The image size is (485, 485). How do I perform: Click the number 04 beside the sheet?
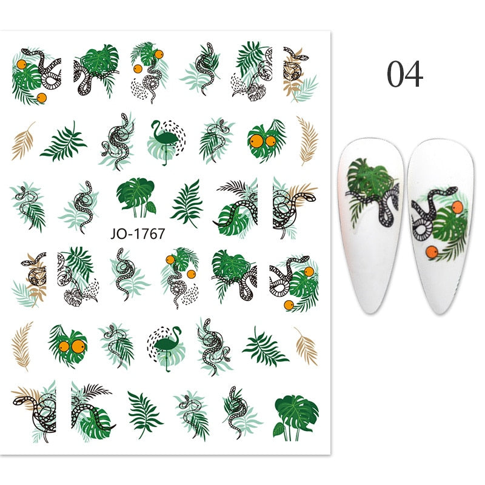point(405,73)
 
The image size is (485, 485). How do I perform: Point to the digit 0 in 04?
point(395,73)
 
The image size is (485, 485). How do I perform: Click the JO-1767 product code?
point(138,234)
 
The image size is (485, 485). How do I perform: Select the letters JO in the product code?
point(118,234)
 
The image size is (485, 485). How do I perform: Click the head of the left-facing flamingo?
point(154,124)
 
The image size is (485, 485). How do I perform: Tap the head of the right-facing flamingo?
point(177,330)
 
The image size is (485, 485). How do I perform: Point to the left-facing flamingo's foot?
point(164,164)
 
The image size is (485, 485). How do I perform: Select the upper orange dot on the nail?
point(457,207)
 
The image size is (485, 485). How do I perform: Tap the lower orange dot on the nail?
point(432,252)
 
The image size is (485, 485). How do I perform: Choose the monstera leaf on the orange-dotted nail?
point(449,226)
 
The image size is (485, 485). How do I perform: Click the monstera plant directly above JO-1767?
point(136,197)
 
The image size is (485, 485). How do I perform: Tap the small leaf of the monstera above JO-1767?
point(151,207)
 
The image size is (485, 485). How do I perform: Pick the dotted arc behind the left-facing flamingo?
point(176,136)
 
